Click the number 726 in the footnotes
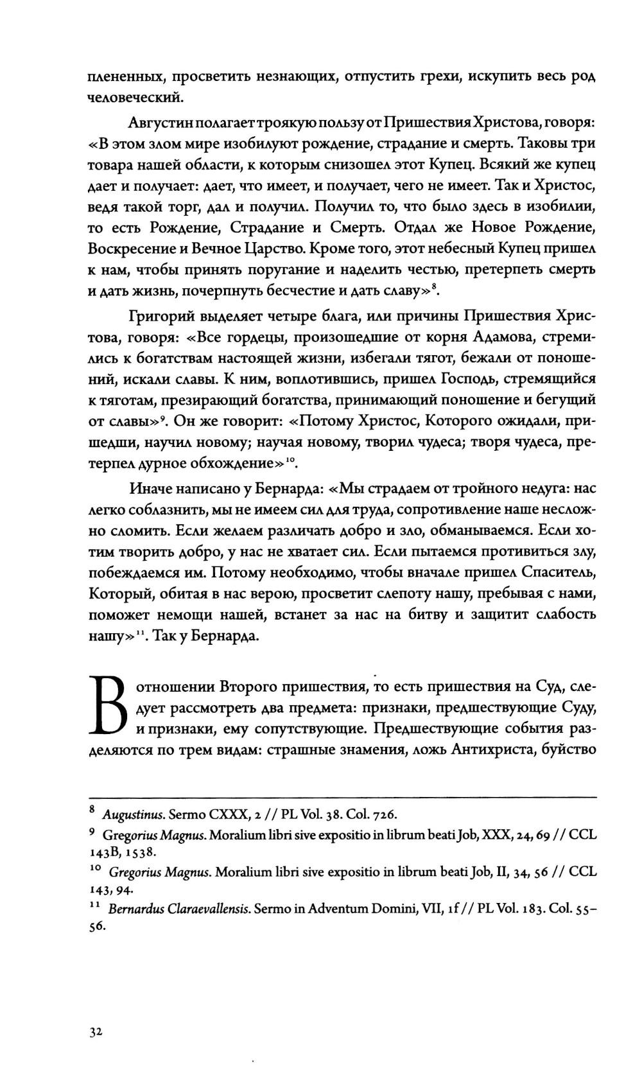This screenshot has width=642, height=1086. click(x=383, y=815)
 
